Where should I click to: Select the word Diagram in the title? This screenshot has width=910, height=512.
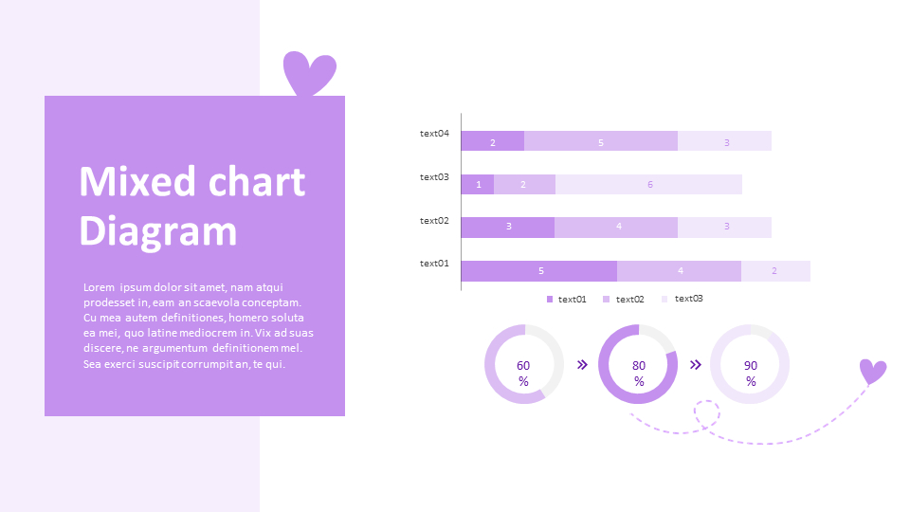pyautogui.click(x=157, y=231)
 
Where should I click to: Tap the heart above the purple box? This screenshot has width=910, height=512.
pyautogui.click(x=310, y=73)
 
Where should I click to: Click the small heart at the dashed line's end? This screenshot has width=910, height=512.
pyautogui.click(x=872, y=371)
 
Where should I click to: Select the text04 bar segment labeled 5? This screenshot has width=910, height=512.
pyautogui.click(x=601, y=141)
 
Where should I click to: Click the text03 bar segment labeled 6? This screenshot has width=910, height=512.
pyautogui.click(x=649, y=184)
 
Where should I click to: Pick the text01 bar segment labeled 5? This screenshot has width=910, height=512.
pyautogui.click(x=539, y=271)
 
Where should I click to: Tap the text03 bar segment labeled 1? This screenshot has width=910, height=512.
pyautogui.click(x=478, y=184)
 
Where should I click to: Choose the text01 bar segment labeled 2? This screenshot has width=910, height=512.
pyautogui.click(x=774, y=271)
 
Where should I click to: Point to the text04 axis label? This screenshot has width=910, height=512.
pyautogui.click(x=434, y=134)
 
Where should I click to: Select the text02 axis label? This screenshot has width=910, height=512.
pyautogui.click(x=434, y=221)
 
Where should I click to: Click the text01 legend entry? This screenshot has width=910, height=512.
pyautogui.click(x=567, y=300)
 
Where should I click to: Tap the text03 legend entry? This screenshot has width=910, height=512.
pyautogui.click(x=683, y=299)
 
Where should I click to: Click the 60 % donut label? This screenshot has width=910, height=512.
pyautogui.click(x=523, y=373)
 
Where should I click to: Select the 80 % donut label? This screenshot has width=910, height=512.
pyautogui.click(x=639, y=373)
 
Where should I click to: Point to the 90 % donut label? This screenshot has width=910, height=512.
pyautogui.click(x=751, y=373)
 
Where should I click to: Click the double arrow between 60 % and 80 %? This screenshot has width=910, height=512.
pyautogui.click(x=582, y=364)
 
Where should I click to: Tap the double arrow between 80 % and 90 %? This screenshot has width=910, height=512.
pyautogui.click(x=696, y=364)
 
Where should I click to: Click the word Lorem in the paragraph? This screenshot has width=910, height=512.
pyautogui.click(x=99, y=287)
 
